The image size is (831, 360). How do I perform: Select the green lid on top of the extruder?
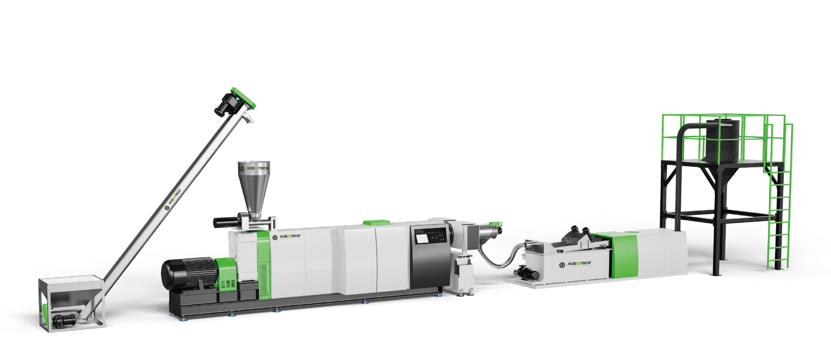pos(374,222)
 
